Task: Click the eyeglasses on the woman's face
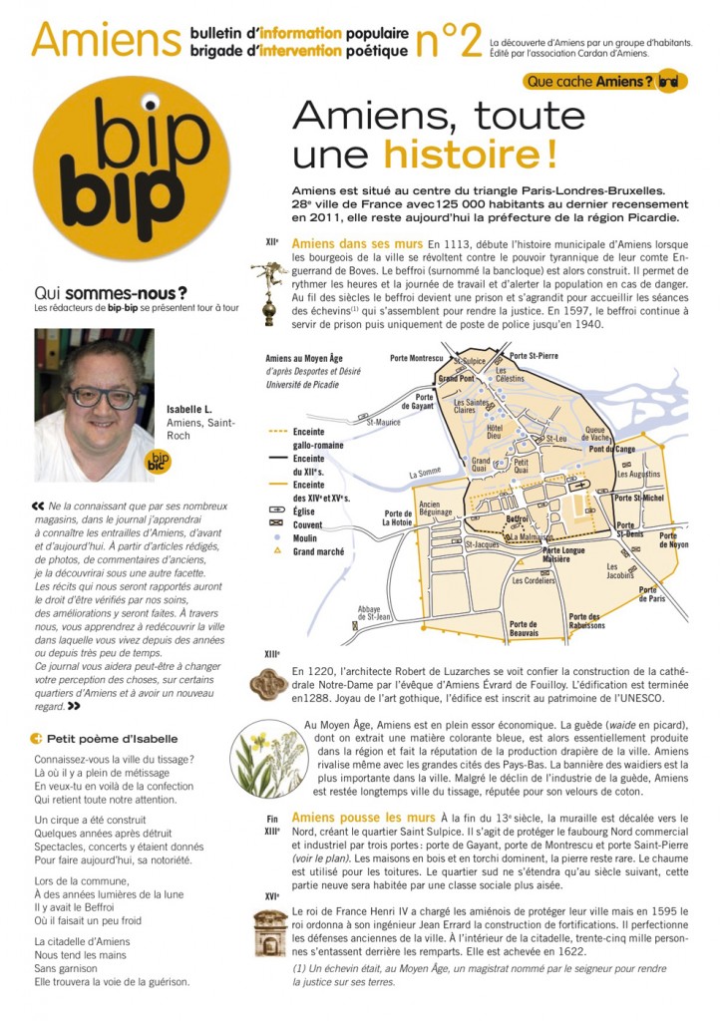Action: (103, 395)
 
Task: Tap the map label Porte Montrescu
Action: (416, 357)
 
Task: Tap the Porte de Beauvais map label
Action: (524, 629)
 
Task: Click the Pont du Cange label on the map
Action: (611, 450)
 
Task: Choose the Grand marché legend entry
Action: (318, 551)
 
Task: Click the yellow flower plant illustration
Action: (263, 764)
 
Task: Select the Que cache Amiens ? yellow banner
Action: (588, 81)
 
